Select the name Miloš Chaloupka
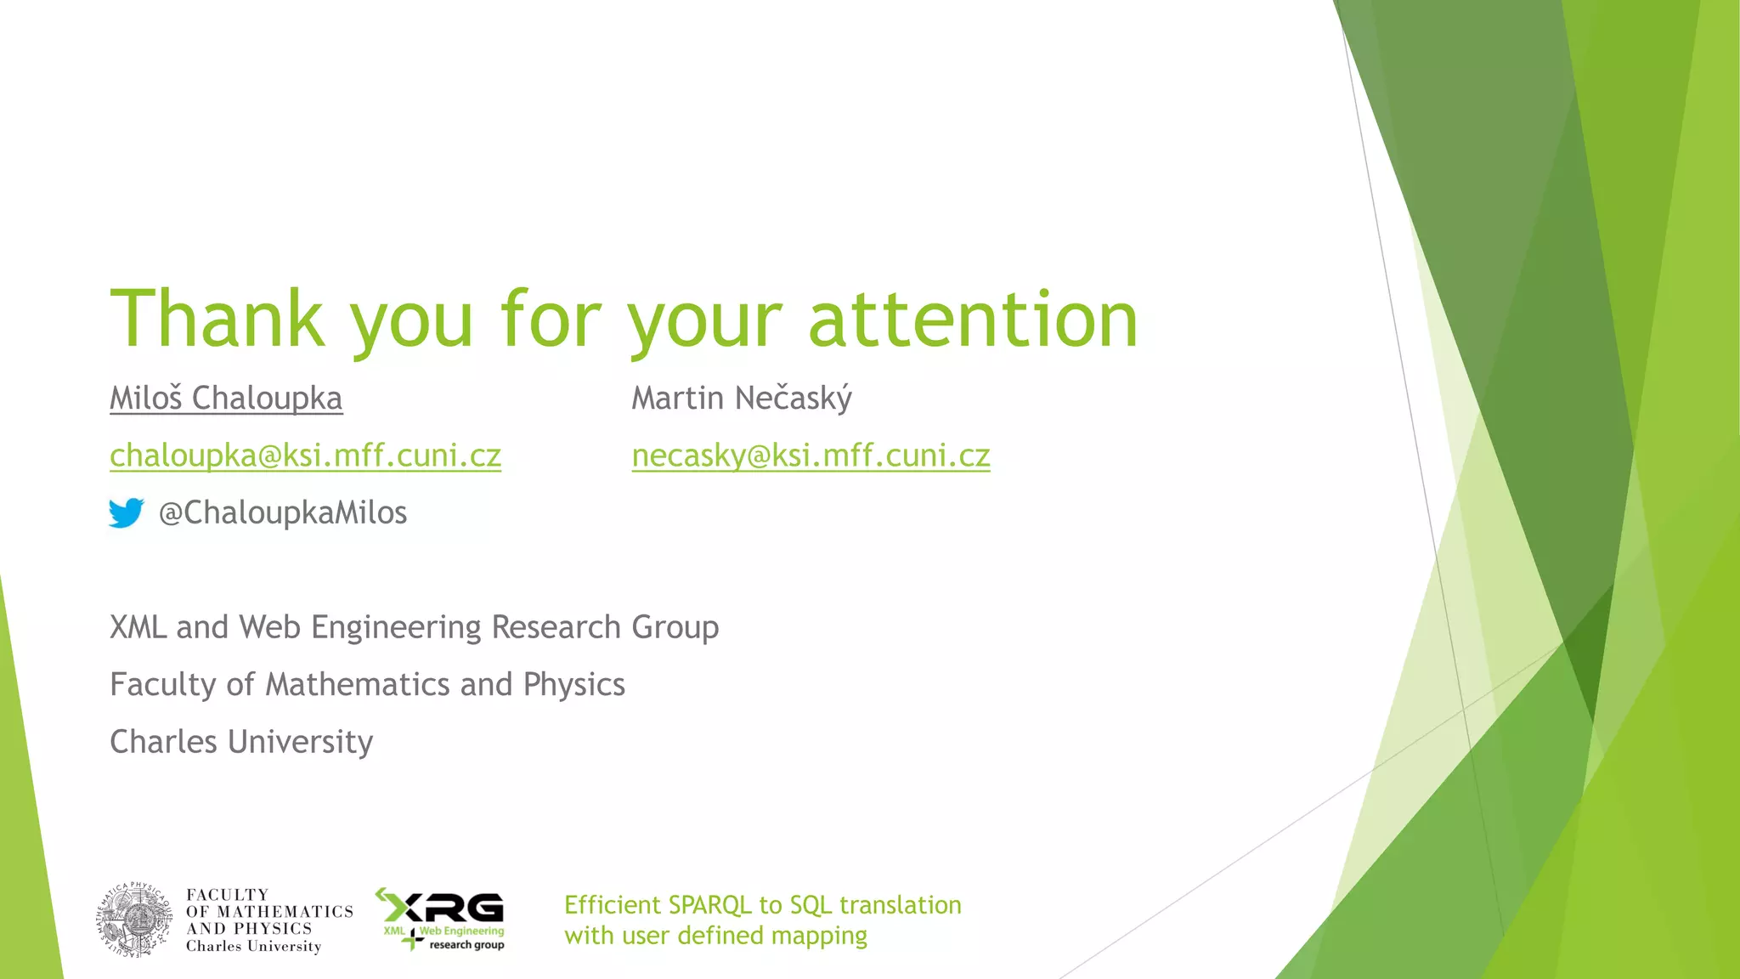(x=226, y=399)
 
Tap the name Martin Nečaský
(x=741, y=399)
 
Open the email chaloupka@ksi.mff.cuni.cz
(x=305, y=456)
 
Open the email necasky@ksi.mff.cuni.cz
(x=811, y=456)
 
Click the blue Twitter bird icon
(x=126, y=512)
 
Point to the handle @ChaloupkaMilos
(x=283, y=513)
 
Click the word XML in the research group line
(x=138, y=627)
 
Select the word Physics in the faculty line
(x=573, y=685)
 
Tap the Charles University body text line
(x=241, y=742)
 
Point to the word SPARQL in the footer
(x=709, y=905)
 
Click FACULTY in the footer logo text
(x=227, y=895)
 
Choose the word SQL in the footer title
(x=810, y=905)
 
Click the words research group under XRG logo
(x=466, y=945)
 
